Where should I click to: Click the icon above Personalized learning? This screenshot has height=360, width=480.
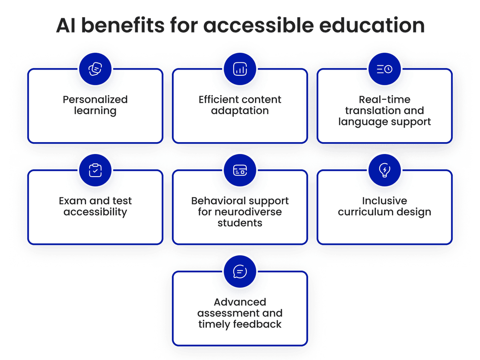95,69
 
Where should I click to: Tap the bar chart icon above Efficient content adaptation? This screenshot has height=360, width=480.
240,69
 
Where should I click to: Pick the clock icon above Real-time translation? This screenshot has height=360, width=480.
384,69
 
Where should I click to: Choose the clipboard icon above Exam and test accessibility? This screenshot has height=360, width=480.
95,170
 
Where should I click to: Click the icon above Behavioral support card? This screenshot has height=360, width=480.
240,170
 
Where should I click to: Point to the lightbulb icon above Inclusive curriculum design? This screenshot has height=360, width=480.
384,170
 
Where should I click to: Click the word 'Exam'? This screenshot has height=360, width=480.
72,201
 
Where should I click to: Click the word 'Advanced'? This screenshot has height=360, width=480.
240,302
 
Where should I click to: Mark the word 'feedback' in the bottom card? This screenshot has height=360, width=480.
261,324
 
